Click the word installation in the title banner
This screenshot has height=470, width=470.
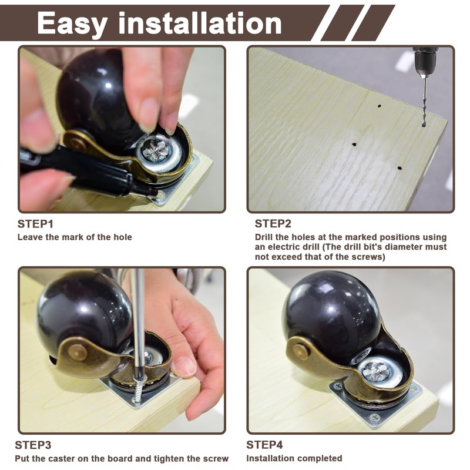[x=200, y=22]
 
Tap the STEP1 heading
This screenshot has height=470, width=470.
[x=35, y=224]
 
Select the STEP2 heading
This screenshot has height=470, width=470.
[x=273, y=224]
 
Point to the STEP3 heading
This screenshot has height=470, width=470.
[x=33, y=445]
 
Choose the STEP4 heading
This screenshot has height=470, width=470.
[x=264, y=445]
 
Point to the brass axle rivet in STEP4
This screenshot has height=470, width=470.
[x=300, y=351]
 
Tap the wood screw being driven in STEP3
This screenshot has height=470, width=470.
[x=139, y=390]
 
